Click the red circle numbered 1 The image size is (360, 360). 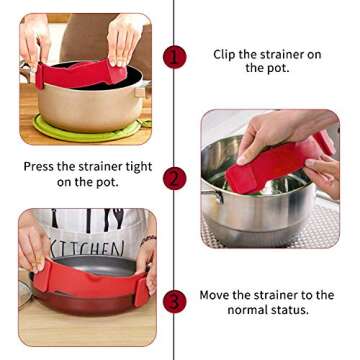[175, 56]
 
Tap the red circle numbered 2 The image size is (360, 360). [175, 179]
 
